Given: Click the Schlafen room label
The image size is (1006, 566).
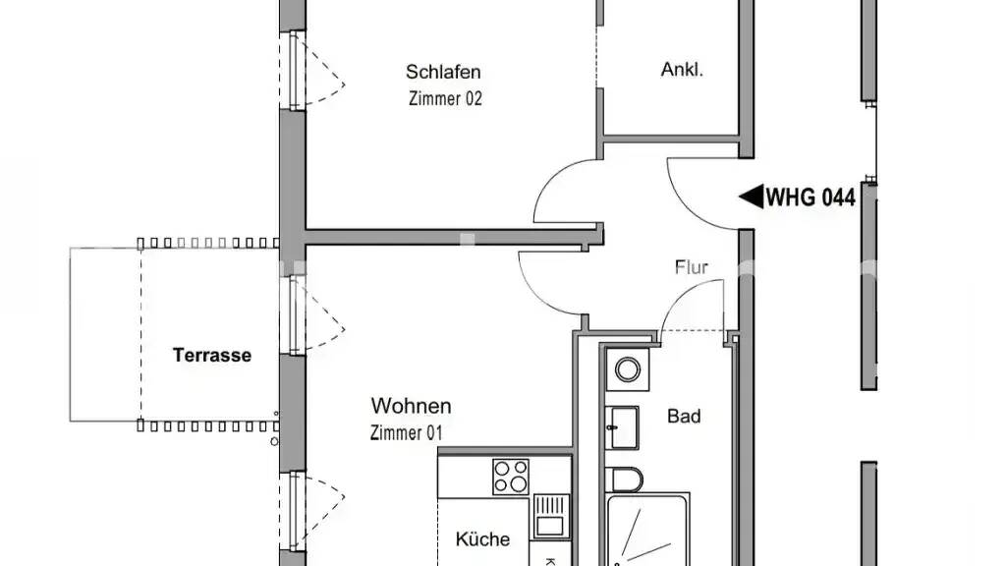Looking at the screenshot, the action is click(x=443, y=72).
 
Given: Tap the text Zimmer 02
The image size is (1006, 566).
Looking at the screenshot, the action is click(x=445, y=99).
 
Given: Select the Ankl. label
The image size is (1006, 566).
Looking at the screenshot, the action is click(x=682, y=70).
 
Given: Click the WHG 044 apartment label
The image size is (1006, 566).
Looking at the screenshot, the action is click(x=810, y=197).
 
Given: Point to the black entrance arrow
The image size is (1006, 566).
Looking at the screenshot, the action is click(x=752, y=197).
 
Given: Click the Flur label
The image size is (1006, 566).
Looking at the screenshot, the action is click(x=692, y=267).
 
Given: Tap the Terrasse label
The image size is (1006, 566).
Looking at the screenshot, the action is click(x=212, y=355).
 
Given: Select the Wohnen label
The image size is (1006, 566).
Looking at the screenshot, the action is click(x=412, y=406).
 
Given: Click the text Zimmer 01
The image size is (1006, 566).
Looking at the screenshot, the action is click(x=406, y=433).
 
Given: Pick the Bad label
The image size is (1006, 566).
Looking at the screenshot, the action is click(x=684, y=416).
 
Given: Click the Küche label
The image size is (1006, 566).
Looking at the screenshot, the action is click(x=482, y=539).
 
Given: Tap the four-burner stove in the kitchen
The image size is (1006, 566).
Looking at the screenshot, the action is click(x=511, y=477).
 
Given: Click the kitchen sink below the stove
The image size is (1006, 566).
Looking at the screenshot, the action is click(x=550, y=515).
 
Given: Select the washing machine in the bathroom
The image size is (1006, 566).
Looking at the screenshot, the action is click(x=628, y=369).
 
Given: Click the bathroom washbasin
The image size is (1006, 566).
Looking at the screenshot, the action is click(x=622, y=427).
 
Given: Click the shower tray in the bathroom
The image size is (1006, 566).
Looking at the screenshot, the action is click(x=648, y=530).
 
